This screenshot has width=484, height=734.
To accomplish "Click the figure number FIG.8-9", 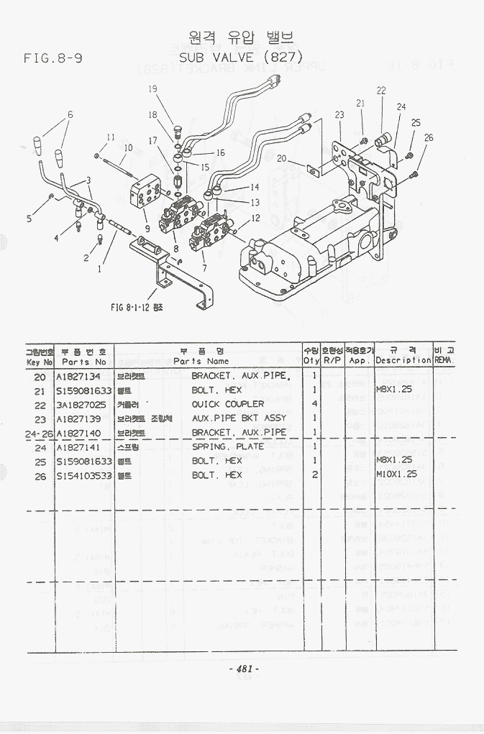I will (52, 58).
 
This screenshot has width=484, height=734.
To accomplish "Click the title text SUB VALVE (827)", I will (240, 55).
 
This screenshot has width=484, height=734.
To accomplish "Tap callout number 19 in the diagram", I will (152, 88).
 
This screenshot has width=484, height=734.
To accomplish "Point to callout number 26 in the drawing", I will (429, 137).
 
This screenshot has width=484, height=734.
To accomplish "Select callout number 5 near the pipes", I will (29, 219).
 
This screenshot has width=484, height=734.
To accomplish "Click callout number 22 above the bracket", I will (380, 91).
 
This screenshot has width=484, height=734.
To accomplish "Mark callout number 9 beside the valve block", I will (146, 229).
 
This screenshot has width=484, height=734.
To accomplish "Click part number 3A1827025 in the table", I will (83, 404).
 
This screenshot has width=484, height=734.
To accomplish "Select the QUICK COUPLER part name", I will (227, 404).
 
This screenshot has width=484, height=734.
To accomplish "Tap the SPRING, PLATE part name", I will (227, 446).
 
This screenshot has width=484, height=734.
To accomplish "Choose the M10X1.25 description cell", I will (396, 474).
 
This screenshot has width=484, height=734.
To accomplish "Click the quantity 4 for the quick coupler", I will (314, 404).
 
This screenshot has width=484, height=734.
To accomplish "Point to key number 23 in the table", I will (40, 418).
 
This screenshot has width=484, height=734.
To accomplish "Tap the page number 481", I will (242, 669).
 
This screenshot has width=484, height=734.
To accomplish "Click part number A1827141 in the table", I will (78, 446).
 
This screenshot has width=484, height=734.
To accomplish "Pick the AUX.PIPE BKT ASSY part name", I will (238, 418).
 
